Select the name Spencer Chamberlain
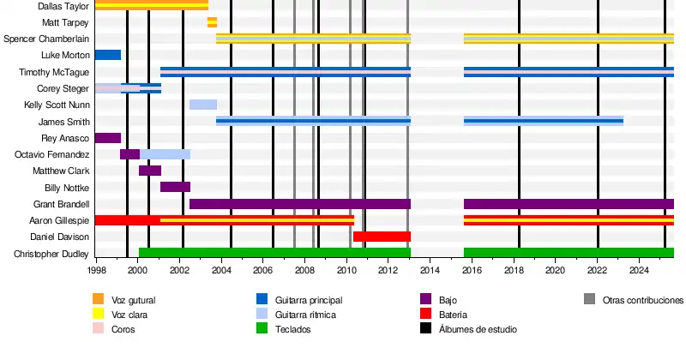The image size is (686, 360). [x=47, y=39]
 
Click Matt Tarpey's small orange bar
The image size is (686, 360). [x=212, y=22]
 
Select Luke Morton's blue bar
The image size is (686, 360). [x=107, y=55]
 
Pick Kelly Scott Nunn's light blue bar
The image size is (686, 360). [x=203, y=105]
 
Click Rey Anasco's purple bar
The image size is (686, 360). [x=107, y=138]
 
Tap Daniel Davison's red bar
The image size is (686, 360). [x=382, y=237]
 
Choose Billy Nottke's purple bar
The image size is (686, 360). [x=175, y=187]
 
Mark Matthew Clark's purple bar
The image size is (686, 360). [x=150, y=171]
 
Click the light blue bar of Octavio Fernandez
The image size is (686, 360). [x=165, y=154]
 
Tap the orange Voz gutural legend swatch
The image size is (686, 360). [x=98, y=299]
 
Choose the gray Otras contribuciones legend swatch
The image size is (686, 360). [x=589, y=299]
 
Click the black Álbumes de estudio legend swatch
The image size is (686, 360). [x=425, y=330]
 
